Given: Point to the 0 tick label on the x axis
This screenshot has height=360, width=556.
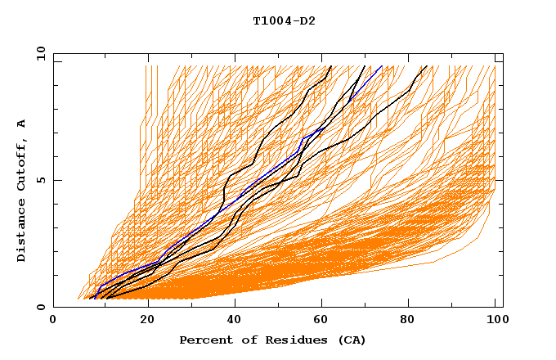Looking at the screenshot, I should click(x=53, y=321).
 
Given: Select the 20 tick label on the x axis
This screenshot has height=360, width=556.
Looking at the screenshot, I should click(x=141, y=321).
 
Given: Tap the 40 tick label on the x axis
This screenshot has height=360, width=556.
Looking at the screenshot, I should click(x=231, y=321).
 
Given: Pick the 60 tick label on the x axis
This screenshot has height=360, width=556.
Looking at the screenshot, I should click(x=319, y=321).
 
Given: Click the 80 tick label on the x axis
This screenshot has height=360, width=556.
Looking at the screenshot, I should click(x=407, y=321).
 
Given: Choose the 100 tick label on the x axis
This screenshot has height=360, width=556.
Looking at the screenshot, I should click(x=494, y=321).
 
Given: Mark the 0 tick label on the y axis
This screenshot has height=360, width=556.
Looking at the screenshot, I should click(x=39, y=308).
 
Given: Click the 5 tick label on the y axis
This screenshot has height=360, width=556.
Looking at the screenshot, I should click(x=39, y=180).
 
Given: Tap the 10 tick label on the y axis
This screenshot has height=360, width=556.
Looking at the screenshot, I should click(x=37, y=52).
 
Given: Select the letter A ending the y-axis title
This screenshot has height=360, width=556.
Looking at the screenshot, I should click(x=22, y=124).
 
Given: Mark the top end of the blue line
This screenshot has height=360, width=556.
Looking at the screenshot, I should click(x=382, y=66).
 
